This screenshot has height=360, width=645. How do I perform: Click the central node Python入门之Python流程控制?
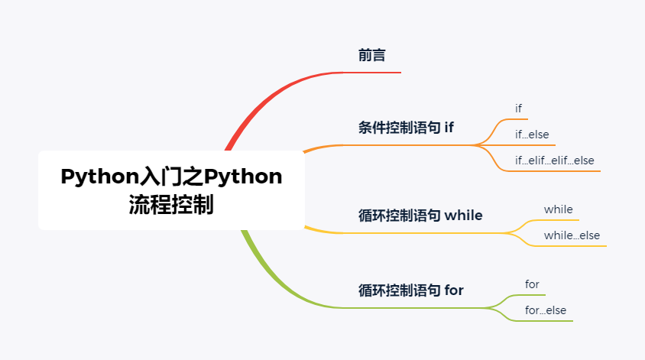[170, 190]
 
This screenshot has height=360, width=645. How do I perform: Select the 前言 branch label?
[371, 55]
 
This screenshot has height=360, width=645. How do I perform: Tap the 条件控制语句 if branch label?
[406, 128]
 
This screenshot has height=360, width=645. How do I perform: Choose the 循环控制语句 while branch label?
[420, 216]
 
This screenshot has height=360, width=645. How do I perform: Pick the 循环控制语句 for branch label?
[410, 290]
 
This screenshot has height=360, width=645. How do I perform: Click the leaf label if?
[519, 109]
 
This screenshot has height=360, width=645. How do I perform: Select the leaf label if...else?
[532, 135]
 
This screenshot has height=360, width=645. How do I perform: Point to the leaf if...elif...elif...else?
[554, 161]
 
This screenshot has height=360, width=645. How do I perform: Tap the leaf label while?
[558, 209]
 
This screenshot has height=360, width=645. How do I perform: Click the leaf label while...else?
[572, 235]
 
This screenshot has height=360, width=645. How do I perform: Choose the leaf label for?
[532, 284]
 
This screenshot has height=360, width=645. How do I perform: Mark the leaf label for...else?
[546, 310]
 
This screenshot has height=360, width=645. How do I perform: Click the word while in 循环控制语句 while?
[463, 216]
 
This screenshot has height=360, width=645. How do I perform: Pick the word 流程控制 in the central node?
[171, 205]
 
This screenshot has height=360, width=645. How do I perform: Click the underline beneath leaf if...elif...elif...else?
[554, 171]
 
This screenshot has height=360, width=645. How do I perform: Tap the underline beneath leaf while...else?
[573, 246]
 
